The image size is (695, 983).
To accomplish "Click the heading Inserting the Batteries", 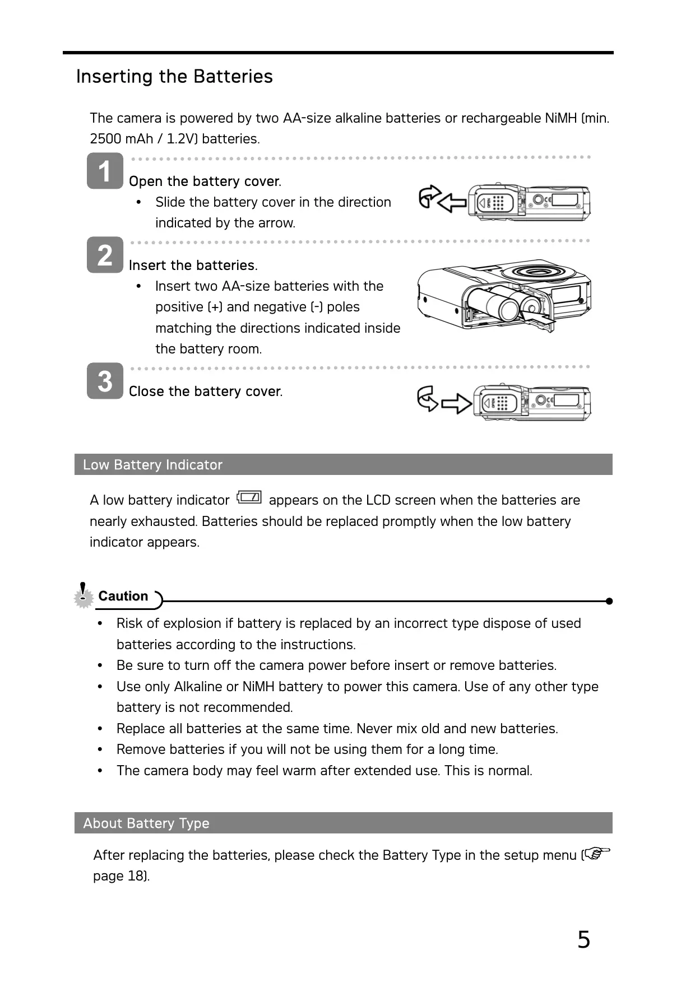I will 174,76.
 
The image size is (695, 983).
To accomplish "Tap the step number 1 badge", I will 105,171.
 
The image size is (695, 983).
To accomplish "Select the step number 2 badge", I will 105,255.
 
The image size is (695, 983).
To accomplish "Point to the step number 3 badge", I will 105,381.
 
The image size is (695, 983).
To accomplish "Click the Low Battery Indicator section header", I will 152,465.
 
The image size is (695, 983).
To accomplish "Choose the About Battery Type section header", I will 146,823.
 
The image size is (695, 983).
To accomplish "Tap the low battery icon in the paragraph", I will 249,497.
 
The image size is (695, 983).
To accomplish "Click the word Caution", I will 123,596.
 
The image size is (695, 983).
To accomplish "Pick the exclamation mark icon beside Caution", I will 84,594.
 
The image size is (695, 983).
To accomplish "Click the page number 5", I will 583,939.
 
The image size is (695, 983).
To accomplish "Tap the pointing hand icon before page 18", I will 597,854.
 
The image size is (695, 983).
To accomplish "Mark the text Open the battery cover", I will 205,181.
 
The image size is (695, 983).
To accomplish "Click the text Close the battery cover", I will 205,392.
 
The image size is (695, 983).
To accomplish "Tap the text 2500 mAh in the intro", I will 121,139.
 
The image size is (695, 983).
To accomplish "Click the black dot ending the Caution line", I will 609,601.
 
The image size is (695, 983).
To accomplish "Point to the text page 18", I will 120,876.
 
